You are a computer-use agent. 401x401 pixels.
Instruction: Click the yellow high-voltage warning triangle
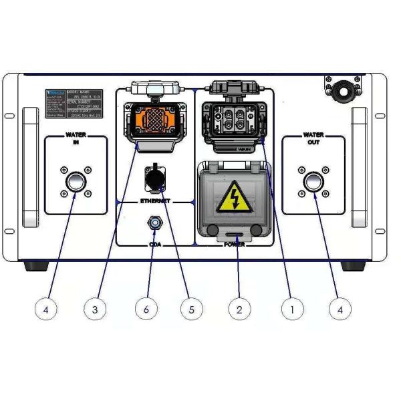(235, 196)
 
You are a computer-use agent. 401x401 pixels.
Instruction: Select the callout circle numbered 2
(239, 309)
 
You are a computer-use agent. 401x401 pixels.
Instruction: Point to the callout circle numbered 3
(95, 309)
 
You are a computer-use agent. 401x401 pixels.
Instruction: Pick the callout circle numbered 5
(191, 309)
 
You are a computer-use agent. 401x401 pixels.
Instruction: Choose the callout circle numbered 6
(146, 309)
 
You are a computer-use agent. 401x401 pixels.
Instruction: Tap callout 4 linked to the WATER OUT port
(341, 309)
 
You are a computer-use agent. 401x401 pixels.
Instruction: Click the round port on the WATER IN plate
(75, 182)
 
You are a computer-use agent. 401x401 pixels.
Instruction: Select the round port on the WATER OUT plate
(313, 182)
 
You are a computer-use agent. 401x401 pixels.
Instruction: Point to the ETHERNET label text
(155, 200)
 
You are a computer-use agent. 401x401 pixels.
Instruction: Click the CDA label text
(155, 245)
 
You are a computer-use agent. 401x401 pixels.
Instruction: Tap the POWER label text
(234, 245)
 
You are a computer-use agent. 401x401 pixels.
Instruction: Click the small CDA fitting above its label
(154, 223)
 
